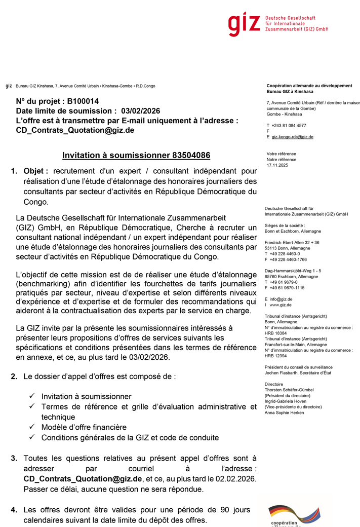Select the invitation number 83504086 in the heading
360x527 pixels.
click(x=191, y=155)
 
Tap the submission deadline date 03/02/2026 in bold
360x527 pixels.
click(x=140, y=111)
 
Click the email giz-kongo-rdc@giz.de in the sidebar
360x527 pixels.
click(x=292, y=137)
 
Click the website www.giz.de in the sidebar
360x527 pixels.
click(x=281, y=306)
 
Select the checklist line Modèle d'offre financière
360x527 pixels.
click(x=84, y=427)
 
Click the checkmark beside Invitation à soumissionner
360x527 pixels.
click(x=32, y=396)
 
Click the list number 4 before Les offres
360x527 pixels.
click(x=14, y=510)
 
